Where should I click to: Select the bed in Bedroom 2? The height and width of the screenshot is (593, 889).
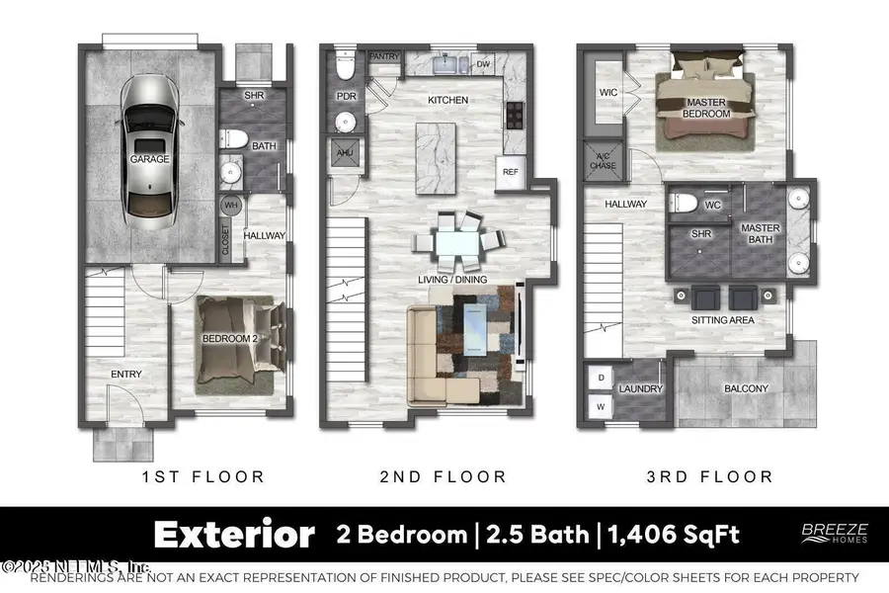click(237, 339)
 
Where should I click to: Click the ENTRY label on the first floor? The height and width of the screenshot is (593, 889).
click(126, 374)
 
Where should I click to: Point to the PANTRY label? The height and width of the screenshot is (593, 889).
click(384, 57)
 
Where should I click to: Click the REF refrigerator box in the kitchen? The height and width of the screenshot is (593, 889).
click(511, 171)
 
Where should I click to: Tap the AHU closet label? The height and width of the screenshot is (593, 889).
click(345, 153)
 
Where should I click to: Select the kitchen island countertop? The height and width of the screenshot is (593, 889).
click(438, 159)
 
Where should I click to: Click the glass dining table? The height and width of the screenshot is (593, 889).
click(456, 244)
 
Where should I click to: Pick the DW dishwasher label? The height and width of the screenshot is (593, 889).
click(484, 65)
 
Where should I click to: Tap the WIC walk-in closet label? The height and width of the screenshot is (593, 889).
click(609, 94)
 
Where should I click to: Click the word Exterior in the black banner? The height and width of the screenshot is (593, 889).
click(234, 535)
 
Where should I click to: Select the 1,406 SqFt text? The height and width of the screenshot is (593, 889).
click(672, 535)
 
